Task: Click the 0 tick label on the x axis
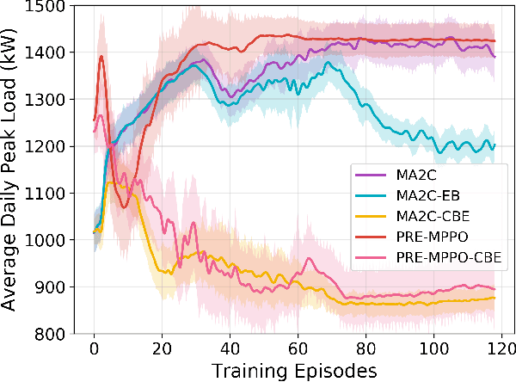[x=94, y=350]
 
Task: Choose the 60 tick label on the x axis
[x=297, y=350]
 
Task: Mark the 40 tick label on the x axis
[x=229, y=350]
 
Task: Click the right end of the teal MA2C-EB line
[x=494, y=145]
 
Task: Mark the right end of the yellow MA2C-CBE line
[x=494, y=298]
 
